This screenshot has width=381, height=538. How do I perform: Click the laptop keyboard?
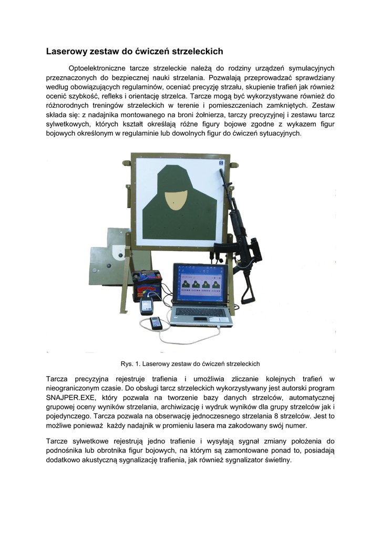[x=201, y=312]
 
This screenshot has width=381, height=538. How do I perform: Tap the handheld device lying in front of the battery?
[x=157, y=323]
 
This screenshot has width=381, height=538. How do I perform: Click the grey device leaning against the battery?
[x=146, y=307]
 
